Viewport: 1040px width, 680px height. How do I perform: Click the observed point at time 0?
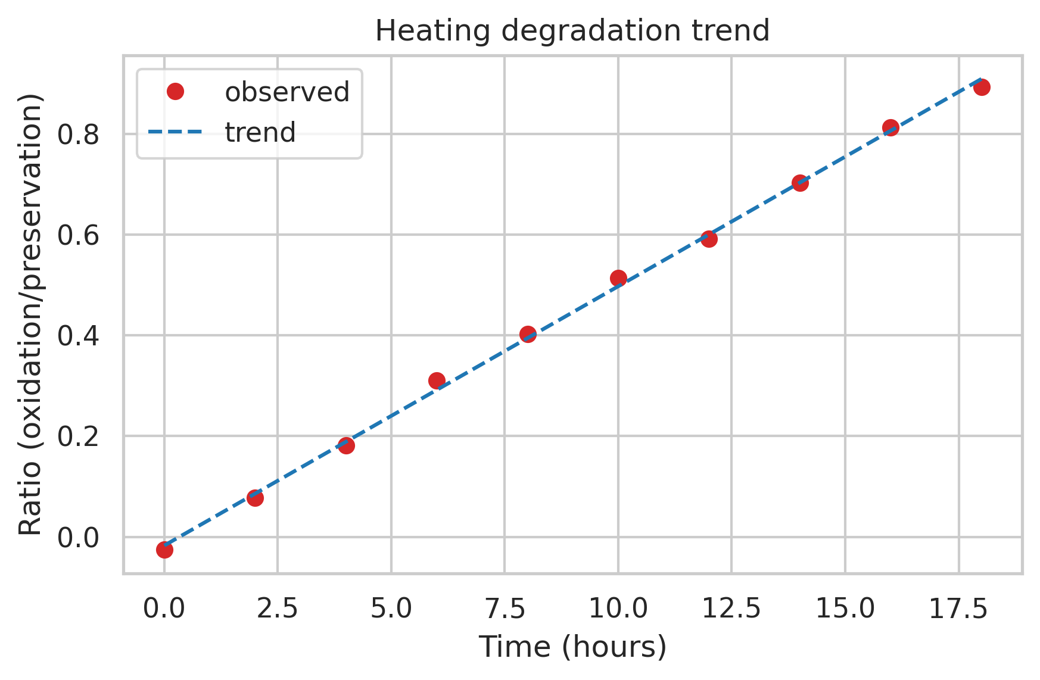pos(164,550)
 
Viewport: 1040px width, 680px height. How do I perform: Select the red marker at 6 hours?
pos(437,380)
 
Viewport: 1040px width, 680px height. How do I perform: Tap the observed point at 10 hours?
pos(618,278)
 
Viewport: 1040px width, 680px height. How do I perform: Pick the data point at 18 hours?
pos(982,87)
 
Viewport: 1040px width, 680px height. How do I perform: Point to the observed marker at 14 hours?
pos(800,183)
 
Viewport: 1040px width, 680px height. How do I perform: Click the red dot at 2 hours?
pos(255,498)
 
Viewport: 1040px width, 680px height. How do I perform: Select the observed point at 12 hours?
pos(709,239)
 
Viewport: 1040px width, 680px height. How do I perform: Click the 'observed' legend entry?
pos(287,92)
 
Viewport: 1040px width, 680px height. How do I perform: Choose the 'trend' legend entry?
pos(260,132)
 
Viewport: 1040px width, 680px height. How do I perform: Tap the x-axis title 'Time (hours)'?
pos(572,647)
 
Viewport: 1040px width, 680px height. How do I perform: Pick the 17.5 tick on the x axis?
pos(958,609)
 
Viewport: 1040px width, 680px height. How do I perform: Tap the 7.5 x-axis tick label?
pos(505,609)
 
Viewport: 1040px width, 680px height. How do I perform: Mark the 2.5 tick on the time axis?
pos(278,609)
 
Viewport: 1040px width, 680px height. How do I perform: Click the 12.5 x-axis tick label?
pos(731,609)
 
